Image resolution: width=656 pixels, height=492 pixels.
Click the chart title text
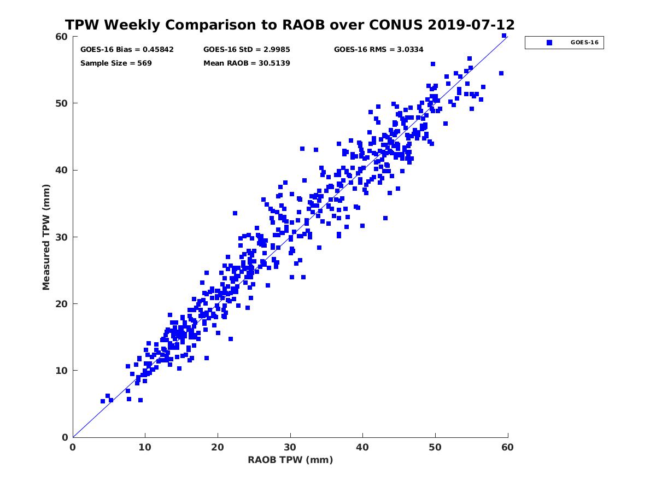click(x=290, y=25)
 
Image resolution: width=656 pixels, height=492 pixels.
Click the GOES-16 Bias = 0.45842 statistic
click(x=127, y=49)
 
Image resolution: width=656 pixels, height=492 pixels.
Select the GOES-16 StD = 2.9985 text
click(x=247, y=49)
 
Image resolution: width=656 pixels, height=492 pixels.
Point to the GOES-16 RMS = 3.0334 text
click(x=378, y=49)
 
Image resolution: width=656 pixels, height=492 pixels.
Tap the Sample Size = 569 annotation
click(x=116, y=63)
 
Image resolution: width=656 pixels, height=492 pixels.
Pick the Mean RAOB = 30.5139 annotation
click(x=247, y=63)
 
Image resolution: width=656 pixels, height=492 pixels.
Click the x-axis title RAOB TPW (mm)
click(x=290, y=460)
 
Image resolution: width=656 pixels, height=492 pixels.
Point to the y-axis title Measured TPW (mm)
click(x=46, y=237)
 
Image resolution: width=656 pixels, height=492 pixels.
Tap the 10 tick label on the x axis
click(x=145, y=447)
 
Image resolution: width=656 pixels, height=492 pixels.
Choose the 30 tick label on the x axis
click(x=290, y=447)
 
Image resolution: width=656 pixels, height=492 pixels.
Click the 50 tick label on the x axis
click(x=435, y=447)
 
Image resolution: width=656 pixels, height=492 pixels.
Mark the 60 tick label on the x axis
click(x=508, y=447)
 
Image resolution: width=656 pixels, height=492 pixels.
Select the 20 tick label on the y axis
click(x=62, y=304)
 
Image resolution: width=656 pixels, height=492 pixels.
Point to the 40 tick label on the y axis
click(x=62, y=170)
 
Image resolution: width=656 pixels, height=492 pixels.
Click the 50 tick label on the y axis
click(x=62, y=103)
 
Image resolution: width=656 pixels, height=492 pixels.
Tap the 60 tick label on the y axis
click(x=62, y=37)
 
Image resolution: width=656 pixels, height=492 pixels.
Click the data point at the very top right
click(x=504, y=36)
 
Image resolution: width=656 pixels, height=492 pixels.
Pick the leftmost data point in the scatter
click(x=103, y=401)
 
